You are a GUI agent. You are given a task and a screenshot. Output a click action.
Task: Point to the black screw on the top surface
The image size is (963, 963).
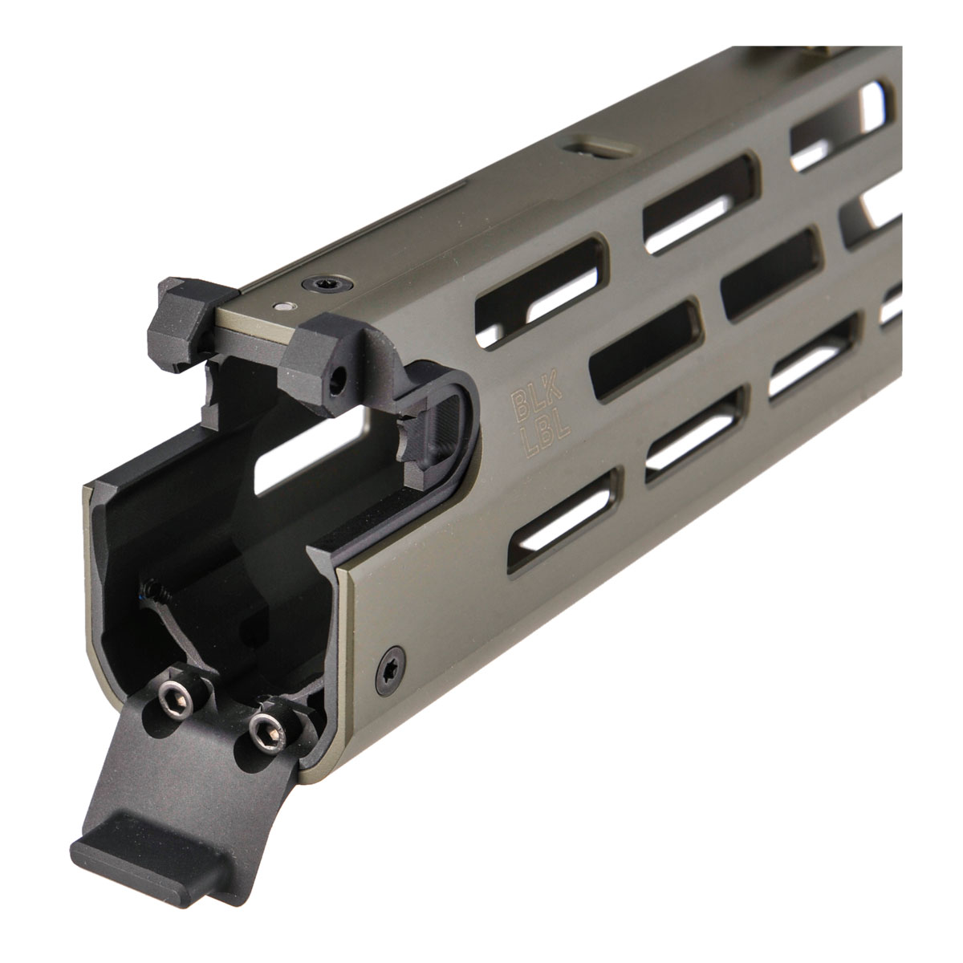(323, 284)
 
